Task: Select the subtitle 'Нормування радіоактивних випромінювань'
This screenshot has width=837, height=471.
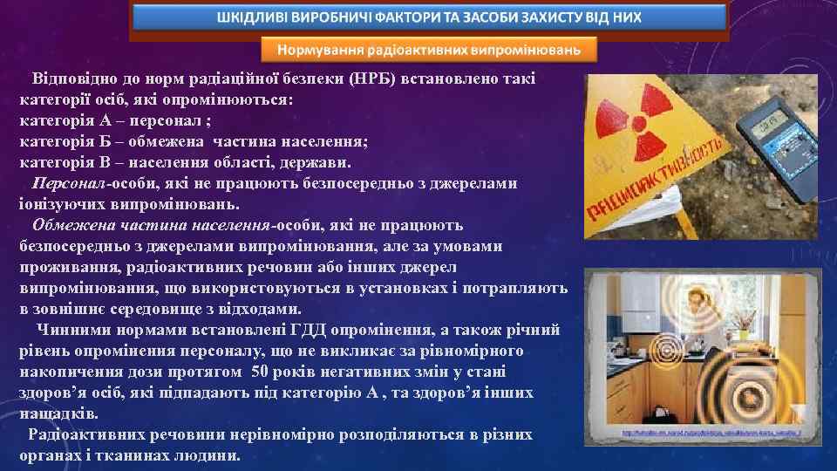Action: (x=429, y=49)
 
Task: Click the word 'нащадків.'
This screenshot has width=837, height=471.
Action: (x=57, y=413)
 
